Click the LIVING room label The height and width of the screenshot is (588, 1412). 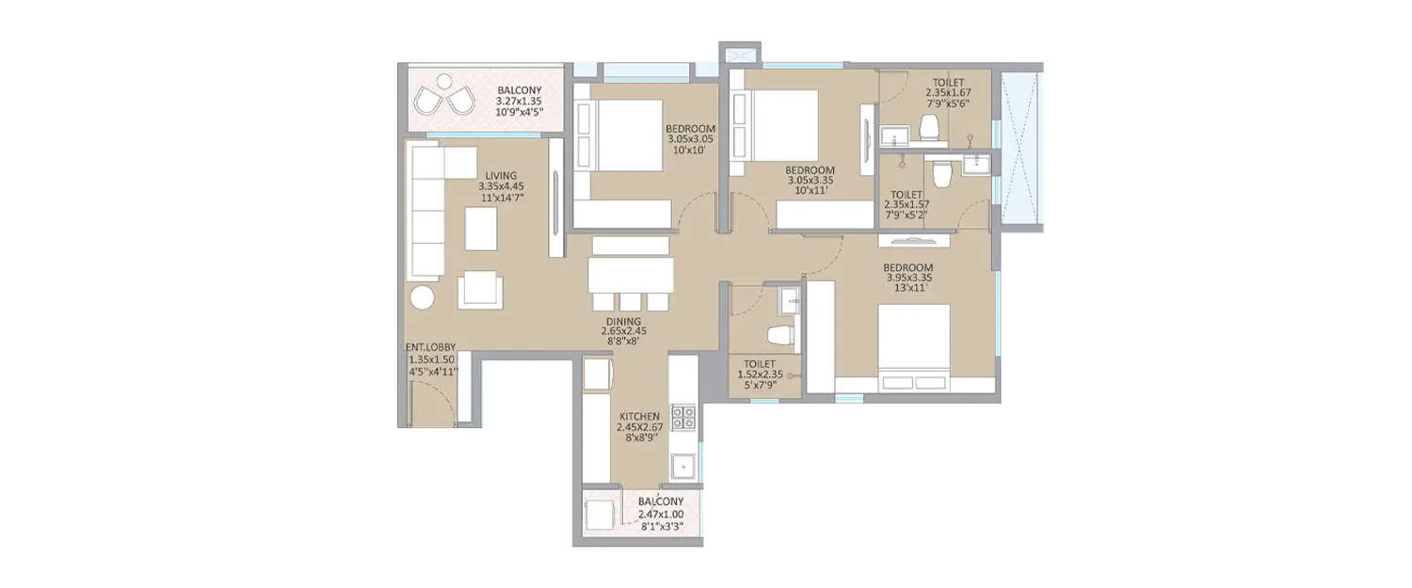coord(500,174)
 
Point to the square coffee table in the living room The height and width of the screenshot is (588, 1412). coord(481,229)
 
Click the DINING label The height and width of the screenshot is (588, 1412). coord(623,321)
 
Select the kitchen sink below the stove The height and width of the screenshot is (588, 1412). coord(683,465)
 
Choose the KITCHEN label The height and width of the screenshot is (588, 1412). coord(639,416)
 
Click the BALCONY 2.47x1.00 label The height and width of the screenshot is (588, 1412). coord(661,502)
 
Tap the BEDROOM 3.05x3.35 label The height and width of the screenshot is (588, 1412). coord(810,170)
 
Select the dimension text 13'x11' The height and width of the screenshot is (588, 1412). coord(907,288)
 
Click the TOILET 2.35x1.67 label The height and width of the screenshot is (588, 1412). coord(947,82)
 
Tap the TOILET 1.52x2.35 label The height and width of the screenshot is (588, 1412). coord(759,363)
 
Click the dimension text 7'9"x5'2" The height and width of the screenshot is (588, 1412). coord(907,215)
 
